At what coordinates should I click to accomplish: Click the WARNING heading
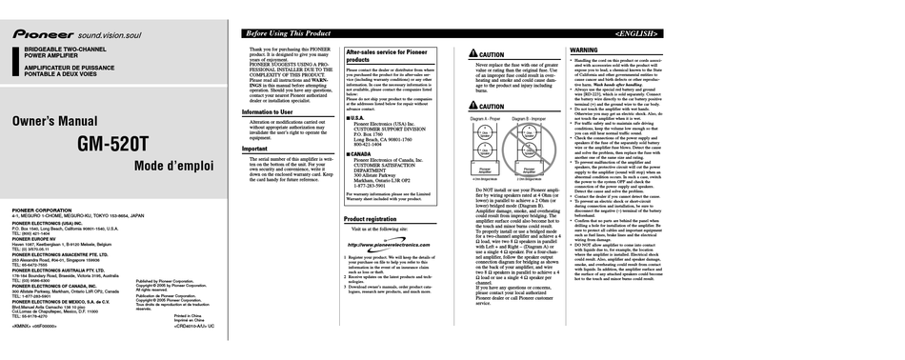(x=583, y=50)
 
